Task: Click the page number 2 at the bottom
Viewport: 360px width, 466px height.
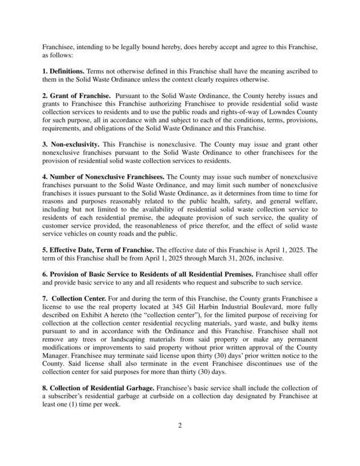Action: (x=179, y=426)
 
